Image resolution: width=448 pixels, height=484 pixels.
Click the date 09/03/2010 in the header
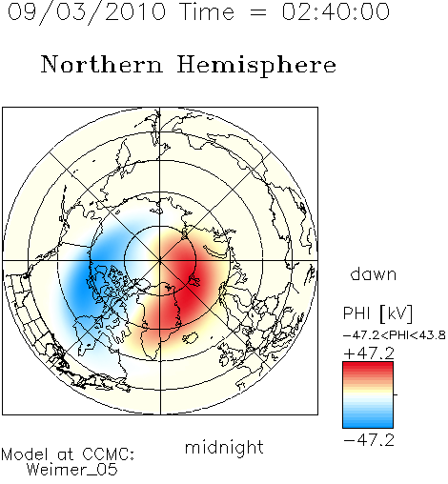pos(87,11)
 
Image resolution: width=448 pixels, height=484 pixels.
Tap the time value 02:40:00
pos(336,11)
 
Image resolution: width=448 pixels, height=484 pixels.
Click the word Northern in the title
pos(102,65)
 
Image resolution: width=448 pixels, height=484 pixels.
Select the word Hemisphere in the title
pos(256,65)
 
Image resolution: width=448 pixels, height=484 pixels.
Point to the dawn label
pos(374,274)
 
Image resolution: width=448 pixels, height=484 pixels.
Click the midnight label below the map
pos(224,448)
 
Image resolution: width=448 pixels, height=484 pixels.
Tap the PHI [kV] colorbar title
pos(377,313)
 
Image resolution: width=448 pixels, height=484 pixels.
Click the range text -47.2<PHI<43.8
pos(395,335)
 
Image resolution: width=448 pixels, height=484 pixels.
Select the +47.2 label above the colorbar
pos(369,353)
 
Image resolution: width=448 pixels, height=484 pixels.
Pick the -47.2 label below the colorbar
pos(369,440)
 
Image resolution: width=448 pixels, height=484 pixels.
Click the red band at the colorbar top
pos(368,368)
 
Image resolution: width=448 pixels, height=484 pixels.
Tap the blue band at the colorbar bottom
pos(368,422)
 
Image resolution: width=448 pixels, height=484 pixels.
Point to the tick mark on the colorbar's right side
pos(396,394)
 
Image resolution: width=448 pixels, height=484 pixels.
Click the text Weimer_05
pos(72,470)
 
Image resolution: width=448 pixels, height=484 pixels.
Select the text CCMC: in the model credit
pos(109,454)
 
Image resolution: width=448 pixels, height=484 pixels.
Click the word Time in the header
pos(207,11)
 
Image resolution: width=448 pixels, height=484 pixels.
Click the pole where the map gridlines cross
pos(160,260)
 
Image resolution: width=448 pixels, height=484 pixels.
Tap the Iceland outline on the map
pos(190,338)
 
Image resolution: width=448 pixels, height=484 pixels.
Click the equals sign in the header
pos(257,12)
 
